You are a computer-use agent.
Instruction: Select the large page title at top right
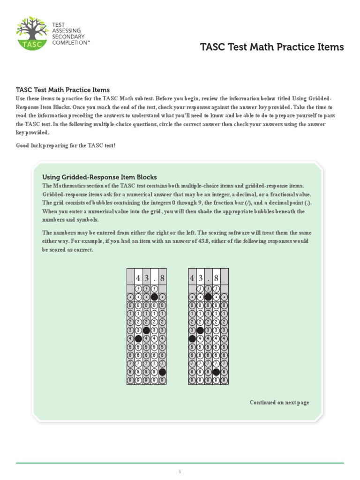272,47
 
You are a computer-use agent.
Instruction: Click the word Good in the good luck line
23,145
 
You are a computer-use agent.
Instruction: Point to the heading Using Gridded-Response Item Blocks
99,177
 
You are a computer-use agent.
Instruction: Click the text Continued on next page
279,403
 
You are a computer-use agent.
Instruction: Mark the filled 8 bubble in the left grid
162,372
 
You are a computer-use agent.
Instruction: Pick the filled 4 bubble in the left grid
138,338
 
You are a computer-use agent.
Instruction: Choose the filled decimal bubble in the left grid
154,297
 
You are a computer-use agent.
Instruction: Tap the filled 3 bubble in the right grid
200,330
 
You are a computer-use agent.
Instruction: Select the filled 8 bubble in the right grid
216,372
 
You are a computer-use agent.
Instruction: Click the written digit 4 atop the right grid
192,278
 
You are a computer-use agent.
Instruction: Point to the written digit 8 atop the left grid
162,278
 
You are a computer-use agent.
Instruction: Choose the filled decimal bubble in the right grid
208,297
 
